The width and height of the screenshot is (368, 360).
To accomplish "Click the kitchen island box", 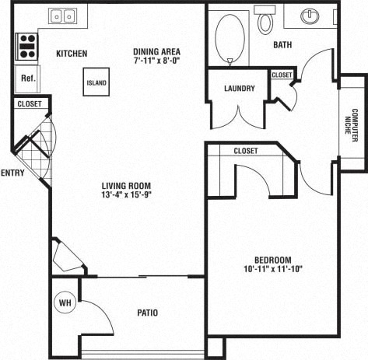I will coord(96,82).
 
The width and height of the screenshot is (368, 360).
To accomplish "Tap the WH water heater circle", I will coord(64,303).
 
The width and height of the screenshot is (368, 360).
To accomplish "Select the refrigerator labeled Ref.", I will coord(28,79).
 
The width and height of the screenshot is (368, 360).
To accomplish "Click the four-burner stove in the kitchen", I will coord(27,46).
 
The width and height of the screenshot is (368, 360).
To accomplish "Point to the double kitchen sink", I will coord(61,16).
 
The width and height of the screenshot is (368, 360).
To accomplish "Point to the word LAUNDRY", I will coord(239,89).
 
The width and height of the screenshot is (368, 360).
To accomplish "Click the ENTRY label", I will coord(13,173).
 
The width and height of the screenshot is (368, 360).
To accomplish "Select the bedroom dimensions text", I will coord(272,270).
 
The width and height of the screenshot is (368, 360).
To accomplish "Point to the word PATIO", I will coord(147,313).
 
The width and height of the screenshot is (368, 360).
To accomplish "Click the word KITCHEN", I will coord(71,54).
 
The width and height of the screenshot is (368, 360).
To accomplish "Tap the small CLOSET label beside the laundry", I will coord(282,75).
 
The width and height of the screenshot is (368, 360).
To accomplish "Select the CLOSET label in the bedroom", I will coord(246,151).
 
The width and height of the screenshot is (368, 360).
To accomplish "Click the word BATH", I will coord(282,45).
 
